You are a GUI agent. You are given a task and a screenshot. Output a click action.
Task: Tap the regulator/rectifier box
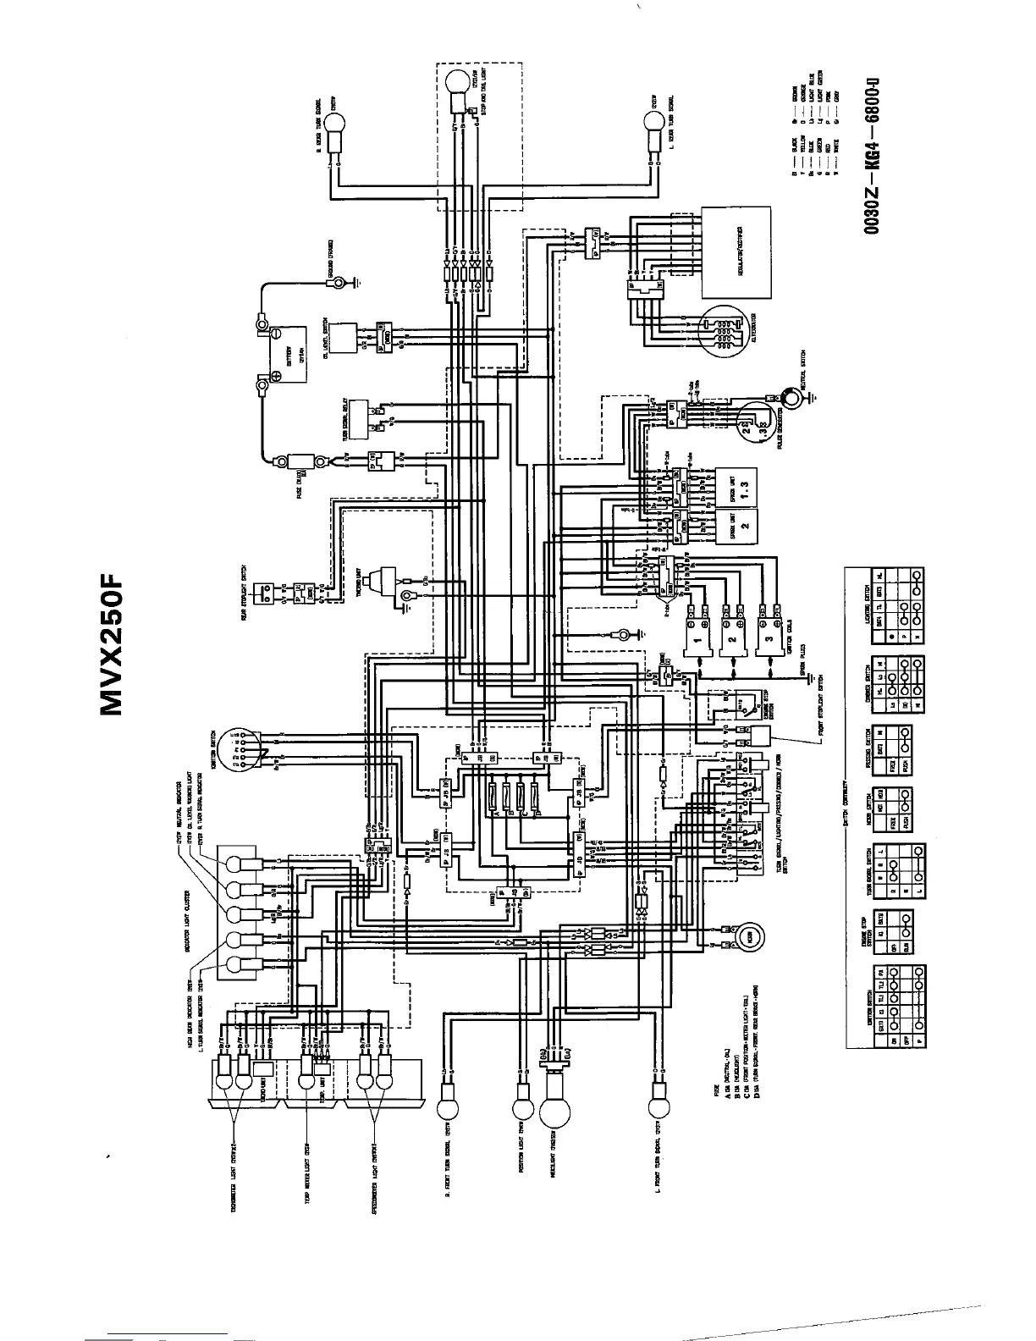(x=739, y=251)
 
